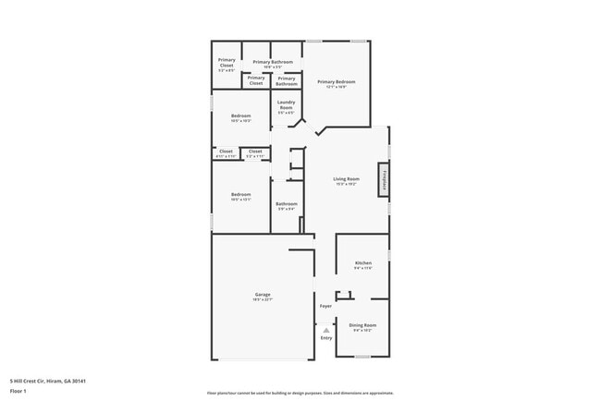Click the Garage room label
(263, 295)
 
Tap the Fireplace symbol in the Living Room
(381, 179)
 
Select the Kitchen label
(362, 263)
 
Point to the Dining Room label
(362, 324)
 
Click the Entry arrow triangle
(325, 328)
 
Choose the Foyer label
(325, 306)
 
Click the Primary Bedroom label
(337, 82)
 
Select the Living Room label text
(346, 179)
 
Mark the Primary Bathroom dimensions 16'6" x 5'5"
(273, 67)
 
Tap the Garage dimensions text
(263, 300)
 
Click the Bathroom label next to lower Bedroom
(286, 203)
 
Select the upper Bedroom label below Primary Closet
(240, 115)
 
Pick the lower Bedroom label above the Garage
(240, 194)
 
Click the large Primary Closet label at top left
(226, 63)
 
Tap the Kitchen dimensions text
(362, 269)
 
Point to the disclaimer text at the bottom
(300, 394)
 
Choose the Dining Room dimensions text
(362, 330)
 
